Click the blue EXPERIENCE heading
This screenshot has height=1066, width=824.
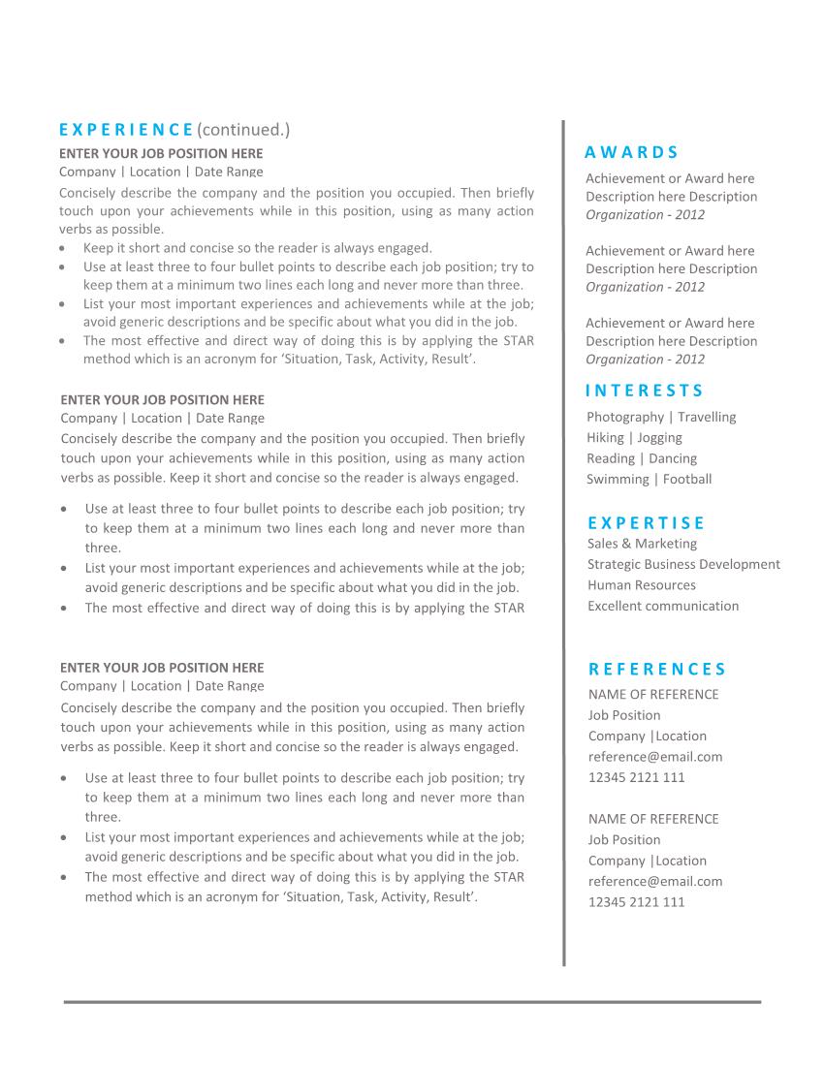coord(126,130)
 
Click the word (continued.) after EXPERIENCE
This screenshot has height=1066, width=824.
coord(243,130)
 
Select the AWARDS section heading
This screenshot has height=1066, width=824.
coord(632,152)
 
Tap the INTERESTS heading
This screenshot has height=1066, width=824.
coord(645,391)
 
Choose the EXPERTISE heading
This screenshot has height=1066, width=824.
coord(646,523)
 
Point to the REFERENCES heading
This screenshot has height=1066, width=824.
coord(657,669)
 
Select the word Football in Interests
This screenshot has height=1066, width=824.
coord(687,479)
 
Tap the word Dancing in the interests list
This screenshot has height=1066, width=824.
coord(672,458)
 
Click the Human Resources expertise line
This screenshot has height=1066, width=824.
coord(642,585)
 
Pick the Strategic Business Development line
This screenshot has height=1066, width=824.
coord(683,564)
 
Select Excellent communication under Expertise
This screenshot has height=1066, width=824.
coord(663,606)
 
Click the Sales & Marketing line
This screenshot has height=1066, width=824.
coord(642,544)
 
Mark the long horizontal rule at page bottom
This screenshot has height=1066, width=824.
coord(412,1002)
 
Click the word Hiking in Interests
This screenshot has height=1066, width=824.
coord(605,438)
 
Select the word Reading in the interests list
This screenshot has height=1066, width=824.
coord(611,458)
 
